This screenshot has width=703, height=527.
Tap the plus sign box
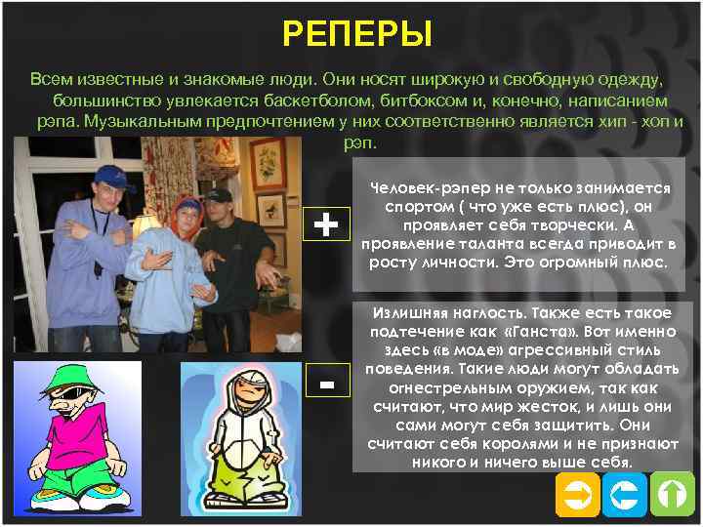[x=328, y=226]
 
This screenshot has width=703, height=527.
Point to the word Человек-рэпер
[x=421, y=188]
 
